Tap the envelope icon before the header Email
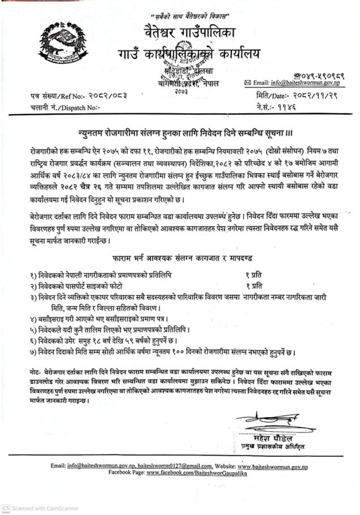point(247,83)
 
